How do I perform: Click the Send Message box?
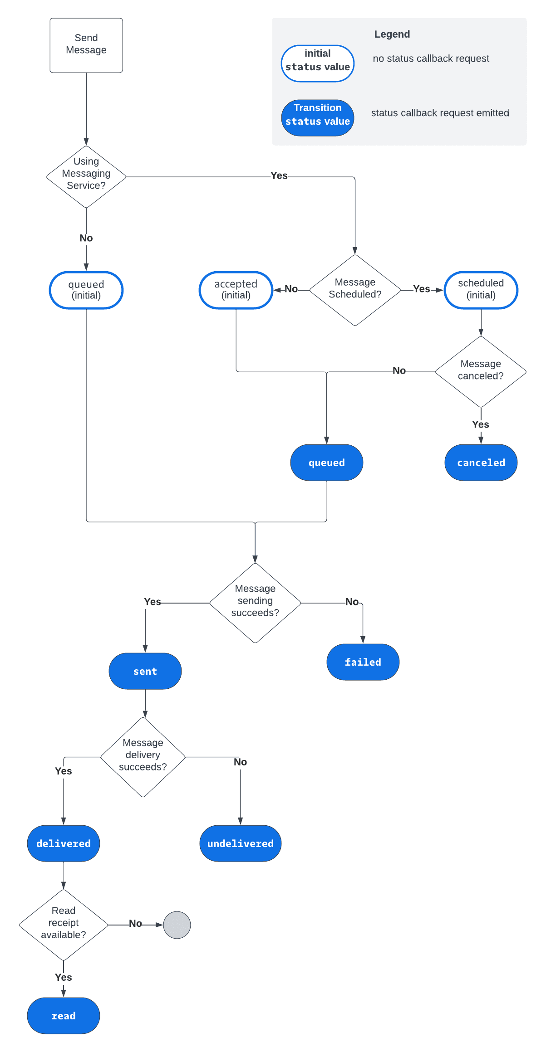point(86,45)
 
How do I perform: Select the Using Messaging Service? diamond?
point(86,177)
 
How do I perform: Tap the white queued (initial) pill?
point(86,290)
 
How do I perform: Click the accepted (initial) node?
point(236,290)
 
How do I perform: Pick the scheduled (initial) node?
point(481,290)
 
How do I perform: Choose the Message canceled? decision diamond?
point(481,372)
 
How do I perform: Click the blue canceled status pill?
point(481,463)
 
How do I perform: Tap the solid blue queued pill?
point(327,463)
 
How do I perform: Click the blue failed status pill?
point(363,662)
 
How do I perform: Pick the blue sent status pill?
point(145,671)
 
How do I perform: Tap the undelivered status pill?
point(241,843)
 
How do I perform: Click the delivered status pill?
point(64,843)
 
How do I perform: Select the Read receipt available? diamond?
point(64,925)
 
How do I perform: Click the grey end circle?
point(177,925)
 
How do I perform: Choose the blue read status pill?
point(64,1016)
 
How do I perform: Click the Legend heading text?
point(392,34)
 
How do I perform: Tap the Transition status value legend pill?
point(318,118)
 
